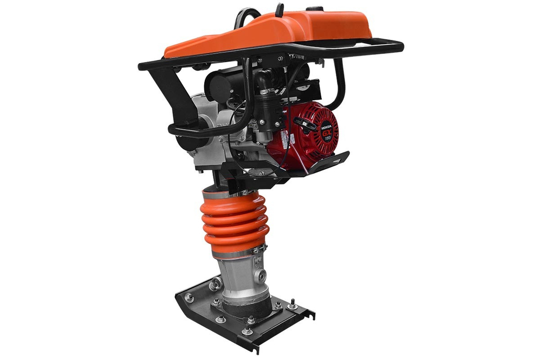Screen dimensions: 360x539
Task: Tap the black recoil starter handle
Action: [307, 125]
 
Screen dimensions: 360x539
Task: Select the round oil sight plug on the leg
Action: [262, 275]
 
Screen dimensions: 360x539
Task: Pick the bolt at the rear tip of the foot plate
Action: [189, 297]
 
